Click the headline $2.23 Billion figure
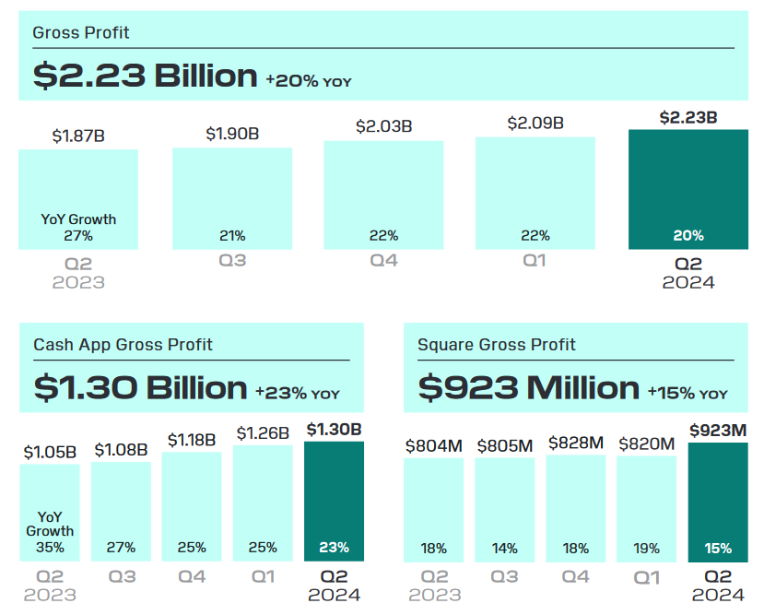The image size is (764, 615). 145,75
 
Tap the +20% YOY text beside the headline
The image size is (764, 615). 308,81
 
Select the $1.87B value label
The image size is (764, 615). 78,136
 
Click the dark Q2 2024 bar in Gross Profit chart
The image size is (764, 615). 688,189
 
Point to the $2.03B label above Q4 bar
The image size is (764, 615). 383,126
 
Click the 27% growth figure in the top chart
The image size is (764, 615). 78,236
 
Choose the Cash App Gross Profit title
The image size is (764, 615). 123,345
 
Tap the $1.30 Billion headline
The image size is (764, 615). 140,387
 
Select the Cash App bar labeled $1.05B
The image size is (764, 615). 50,512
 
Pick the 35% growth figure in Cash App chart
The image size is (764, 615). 50,548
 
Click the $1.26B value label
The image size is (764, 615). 263,432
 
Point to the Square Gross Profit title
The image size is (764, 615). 496,345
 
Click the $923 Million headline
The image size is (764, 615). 528,387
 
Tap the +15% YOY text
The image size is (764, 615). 687,393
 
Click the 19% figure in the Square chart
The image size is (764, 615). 647,548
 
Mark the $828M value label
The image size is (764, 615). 576,444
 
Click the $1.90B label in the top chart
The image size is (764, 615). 232,135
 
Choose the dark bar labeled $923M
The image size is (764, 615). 717,503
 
